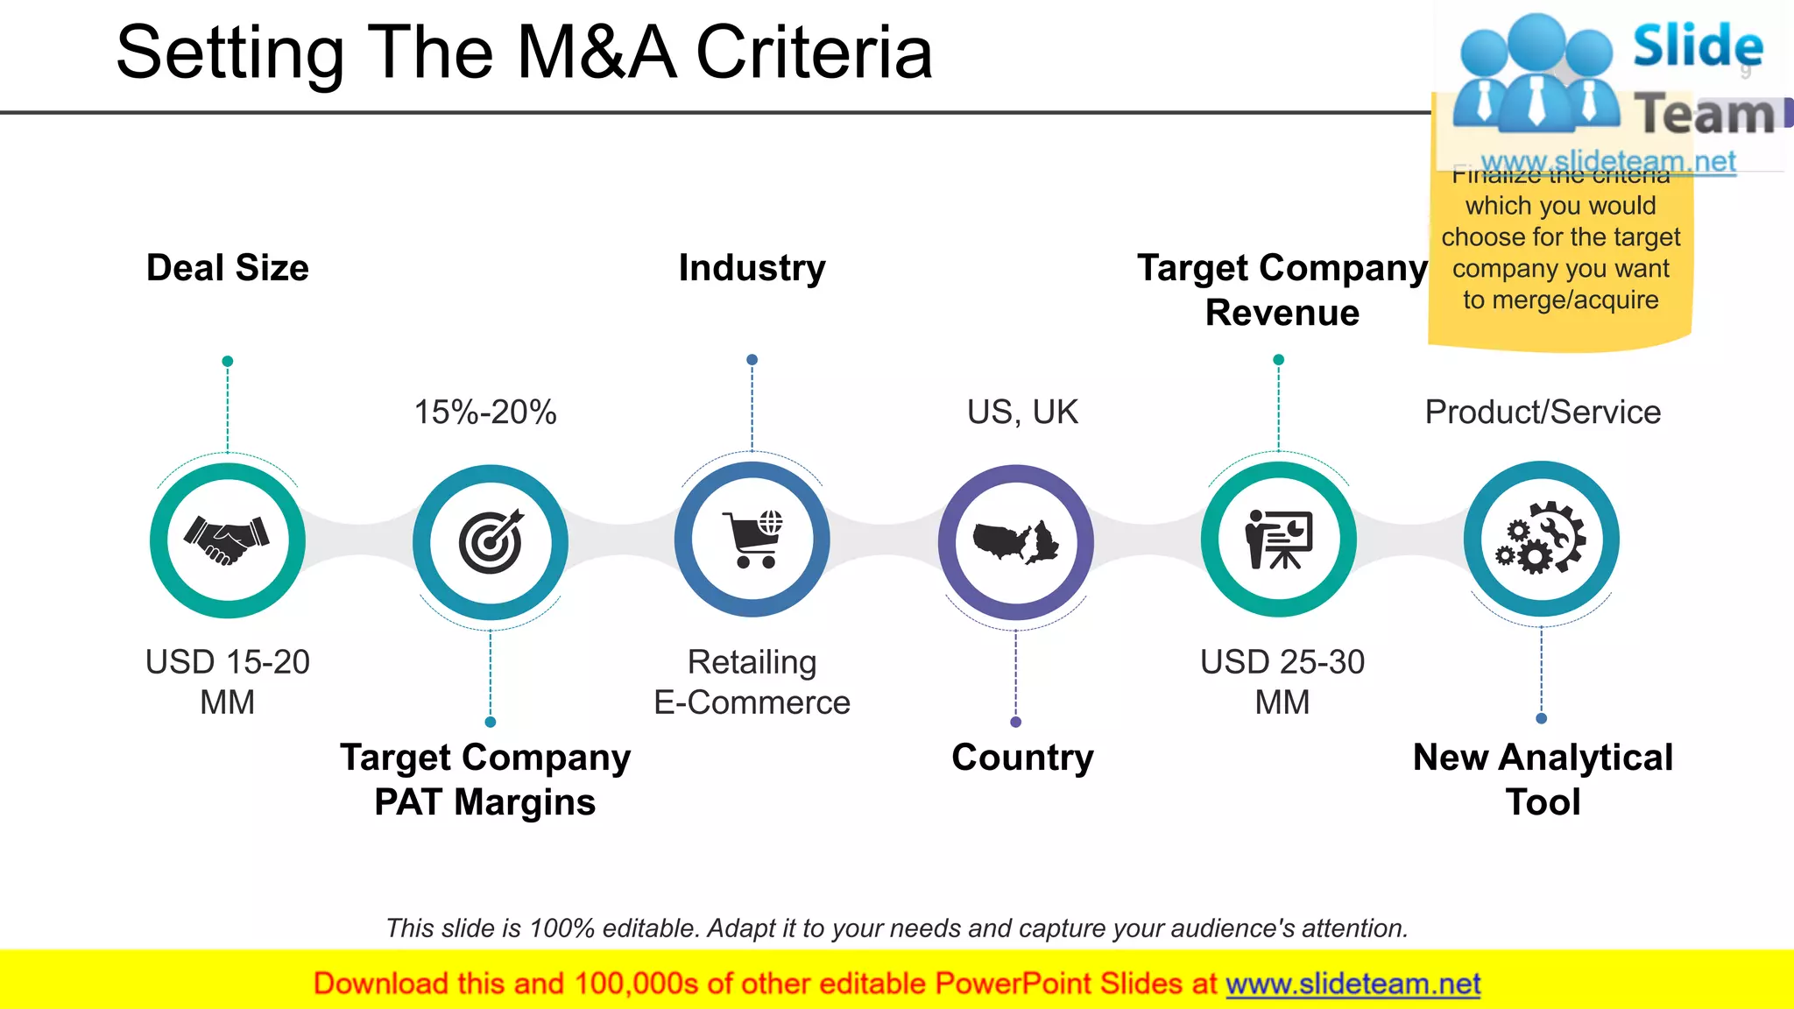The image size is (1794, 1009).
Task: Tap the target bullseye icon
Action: coord(491,541)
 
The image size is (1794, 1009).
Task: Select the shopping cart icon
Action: coord(752,540)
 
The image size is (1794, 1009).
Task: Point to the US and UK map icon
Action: coord(1016,541)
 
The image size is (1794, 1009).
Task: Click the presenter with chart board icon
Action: coord(1279,540)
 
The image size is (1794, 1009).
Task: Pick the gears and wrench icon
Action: coord(1542,539)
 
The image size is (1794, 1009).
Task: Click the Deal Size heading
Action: coord(228,268)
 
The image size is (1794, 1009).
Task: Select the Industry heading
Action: coord(752,268)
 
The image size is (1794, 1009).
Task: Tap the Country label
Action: coord(1022,758)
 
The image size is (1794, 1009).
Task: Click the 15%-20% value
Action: coord(485,413)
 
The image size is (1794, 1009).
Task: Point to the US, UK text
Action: coord(1022,413)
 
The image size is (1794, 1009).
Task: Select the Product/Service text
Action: coord(1543,413)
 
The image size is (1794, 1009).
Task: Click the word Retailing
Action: coord(752,662)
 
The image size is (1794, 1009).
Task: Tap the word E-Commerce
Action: coord(752,702)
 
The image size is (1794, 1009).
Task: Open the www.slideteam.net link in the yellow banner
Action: coord(1353,984)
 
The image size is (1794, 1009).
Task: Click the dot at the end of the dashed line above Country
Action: coord(1016,723)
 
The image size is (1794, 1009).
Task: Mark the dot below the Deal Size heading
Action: coord(228,361)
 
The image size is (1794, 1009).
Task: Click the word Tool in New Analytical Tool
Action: coord(1543,802)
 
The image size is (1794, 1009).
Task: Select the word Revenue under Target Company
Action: coord(1282,313)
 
